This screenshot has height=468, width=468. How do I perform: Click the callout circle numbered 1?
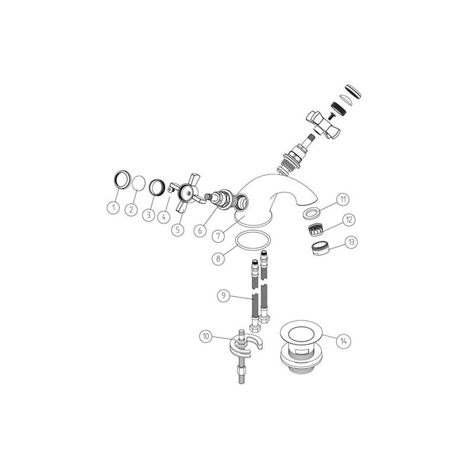coord(114,208)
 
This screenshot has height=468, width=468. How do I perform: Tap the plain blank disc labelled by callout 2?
coord(138,183)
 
